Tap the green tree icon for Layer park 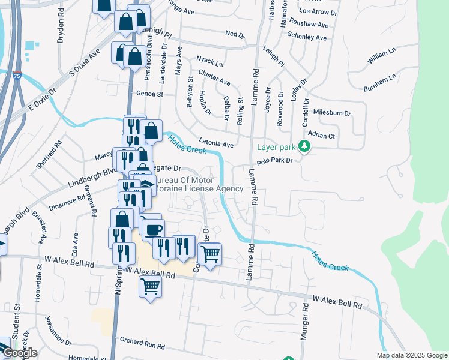click(305, 146)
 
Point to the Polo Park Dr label click(274, 161)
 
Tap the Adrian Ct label click(321, 136)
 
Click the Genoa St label click(150, 94)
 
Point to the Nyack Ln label click(209, 61)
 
